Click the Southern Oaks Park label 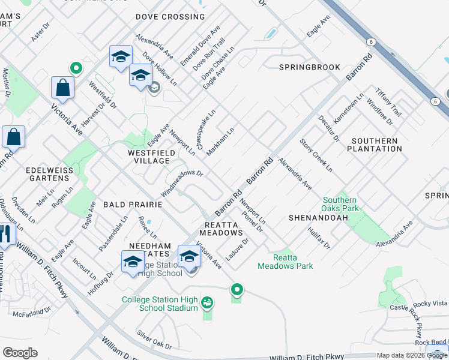(x=340, y=204)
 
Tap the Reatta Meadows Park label (x=285, y=261)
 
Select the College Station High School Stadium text (x=159, y=304)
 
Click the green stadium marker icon (x=207, y=302)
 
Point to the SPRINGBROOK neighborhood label (x=309, y=67)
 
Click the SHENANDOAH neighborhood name (x=318, y=217)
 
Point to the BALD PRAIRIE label (x=133, y=205)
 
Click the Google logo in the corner (x=20, y=353)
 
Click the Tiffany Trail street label (x=388, y=101)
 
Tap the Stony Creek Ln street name (x=316, y=155)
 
